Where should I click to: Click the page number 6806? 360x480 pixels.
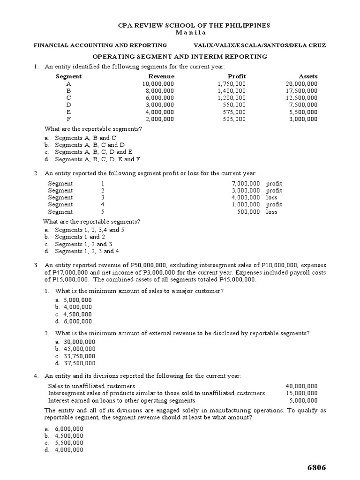(316, 468)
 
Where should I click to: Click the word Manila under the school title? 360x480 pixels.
(180, 32)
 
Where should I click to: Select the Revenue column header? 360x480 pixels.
(161, 76)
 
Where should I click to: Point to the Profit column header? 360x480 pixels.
(237, 76)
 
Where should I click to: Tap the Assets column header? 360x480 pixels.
(308, 76)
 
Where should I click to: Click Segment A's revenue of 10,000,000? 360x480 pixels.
(158, 84)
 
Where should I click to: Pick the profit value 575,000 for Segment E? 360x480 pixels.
(234, 112)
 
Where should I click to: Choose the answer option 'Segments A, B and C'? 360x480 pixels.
(85, 138)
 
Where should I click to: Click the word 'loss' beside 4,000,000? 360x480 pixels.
(272, 197)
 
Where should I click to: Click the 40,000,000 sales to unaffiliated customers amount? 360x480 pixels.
(301, 386)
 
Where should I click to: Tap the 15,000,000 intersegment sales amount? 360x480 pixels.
(301, 393)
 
